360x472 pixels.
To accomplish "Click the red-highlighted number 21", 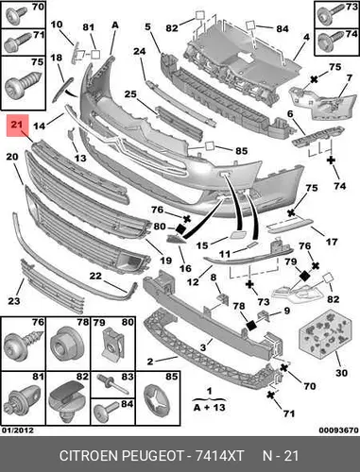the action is tap(17, 125).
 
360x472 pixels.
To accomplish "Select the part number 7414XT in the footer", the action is tap(219, 456).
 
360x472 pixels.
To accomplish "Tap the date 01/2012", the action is tap(18, 430).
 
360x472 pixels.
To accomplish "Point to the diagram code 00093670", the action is tap(338, 430).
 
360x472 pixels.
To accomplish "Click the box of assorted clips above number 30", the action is tap(325, 333).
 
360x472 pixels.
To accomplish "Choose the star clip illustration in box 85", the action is tap(157, 401).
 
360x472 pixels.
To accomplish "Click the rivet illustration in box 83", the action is tap(112, 383).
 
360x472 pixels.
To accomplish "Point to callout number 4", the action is tap(306, 37).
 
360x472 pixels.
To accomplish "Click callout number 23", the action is tap(13, 301).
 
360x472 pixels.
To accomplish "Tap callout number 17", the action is tap(331, 242).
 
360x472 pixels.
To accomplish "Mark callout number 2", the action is tap(150, 362).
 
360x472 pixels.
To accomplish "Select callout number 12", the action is tap(193, 282).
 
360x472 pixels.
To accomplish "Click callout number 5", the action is tap(147, 26).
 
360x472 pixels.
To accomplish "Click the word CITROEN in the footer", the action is tap(89, 456).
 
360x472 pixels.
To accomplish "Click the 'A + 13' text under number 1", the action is tap(210, 408).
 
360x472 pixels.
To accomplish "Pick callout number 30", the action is tap(341, 373).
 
